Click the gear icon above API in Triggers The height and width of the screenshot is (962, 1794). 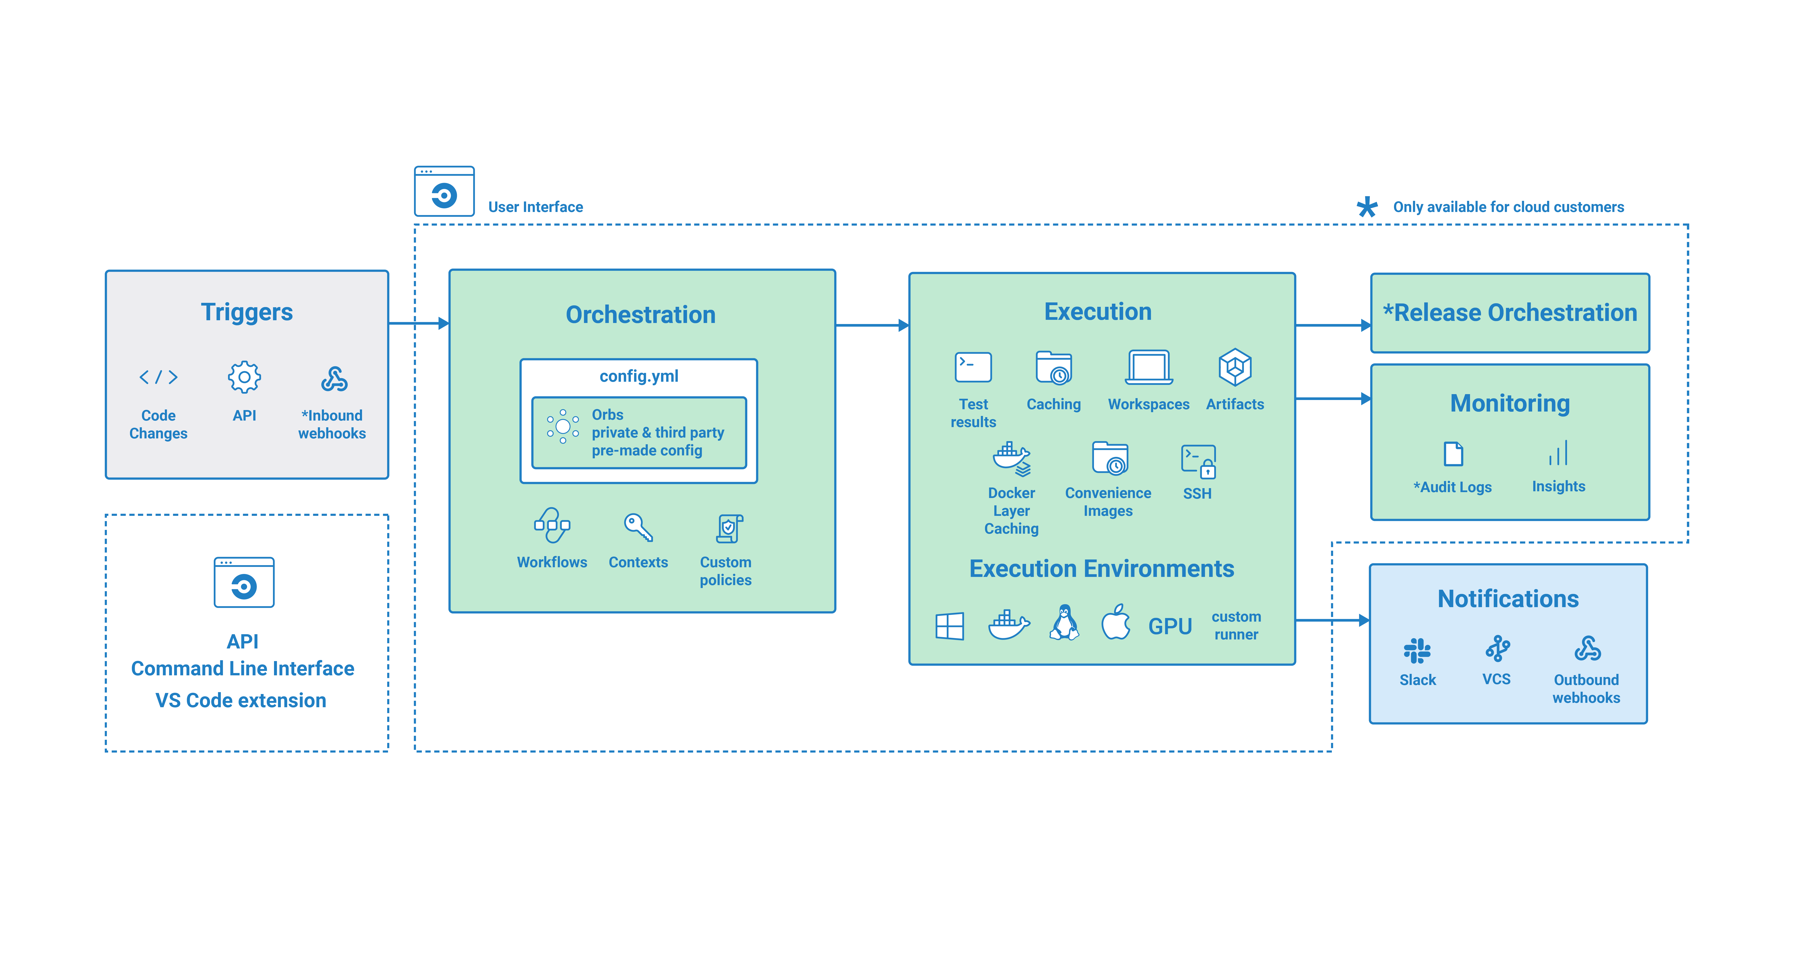[244, 377]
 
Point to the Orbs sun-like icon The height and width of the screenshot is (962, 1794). [563, 426]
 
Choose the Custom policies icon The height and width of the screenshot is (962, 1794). [729, 528]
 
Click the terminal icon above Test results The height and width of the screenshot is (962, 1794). [973, 367]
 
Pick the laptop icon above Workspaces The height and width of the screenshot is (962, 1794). [1149, 367]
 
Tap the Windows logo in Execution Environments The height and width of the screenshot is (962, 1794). [949, 626]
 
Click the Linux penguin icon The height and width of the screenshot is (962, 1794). [1064, 622]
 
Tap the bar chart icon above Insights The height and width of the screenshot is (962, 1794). [1558, 453]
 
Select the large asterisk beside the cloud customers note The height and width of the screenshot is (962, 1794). [1367, 207]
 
